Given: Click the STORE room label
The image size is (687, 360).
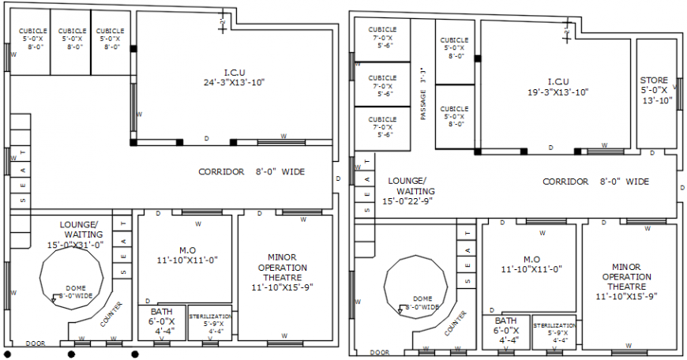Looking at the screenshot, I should click(x=654, y=80).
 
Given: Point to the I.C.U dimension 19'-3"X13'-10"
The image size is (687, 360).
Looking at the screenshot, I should click(x=557, y=92).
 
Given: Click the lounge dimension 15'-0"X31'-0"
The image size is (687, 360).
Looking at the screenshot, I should click(x=75, y=245).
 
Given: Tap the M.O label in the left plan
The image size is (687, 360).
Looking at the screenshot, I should click(x=187, y=250).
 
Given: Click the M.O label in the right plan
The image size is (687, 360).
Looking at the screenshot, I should click(x=531, y=258).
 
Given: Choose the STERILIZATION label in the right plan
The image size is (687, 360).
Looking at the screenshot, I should click(x=554, y=325).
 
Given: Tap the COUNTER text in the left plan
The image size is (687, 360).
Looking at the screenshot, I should click(x=111, y=313).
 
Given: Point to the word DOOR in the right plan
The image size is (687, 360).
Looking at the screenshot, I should click(x=380, y=352).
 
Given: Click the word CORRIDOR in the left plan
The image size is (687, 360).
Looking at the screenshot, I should click(x=221, y=171).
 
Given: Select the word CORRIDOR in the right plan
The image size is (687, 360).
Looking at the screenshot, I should click(x=565, y=182).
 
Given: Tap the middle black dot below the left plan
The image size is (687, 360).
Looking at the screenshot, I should click(x=72, y=354).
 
